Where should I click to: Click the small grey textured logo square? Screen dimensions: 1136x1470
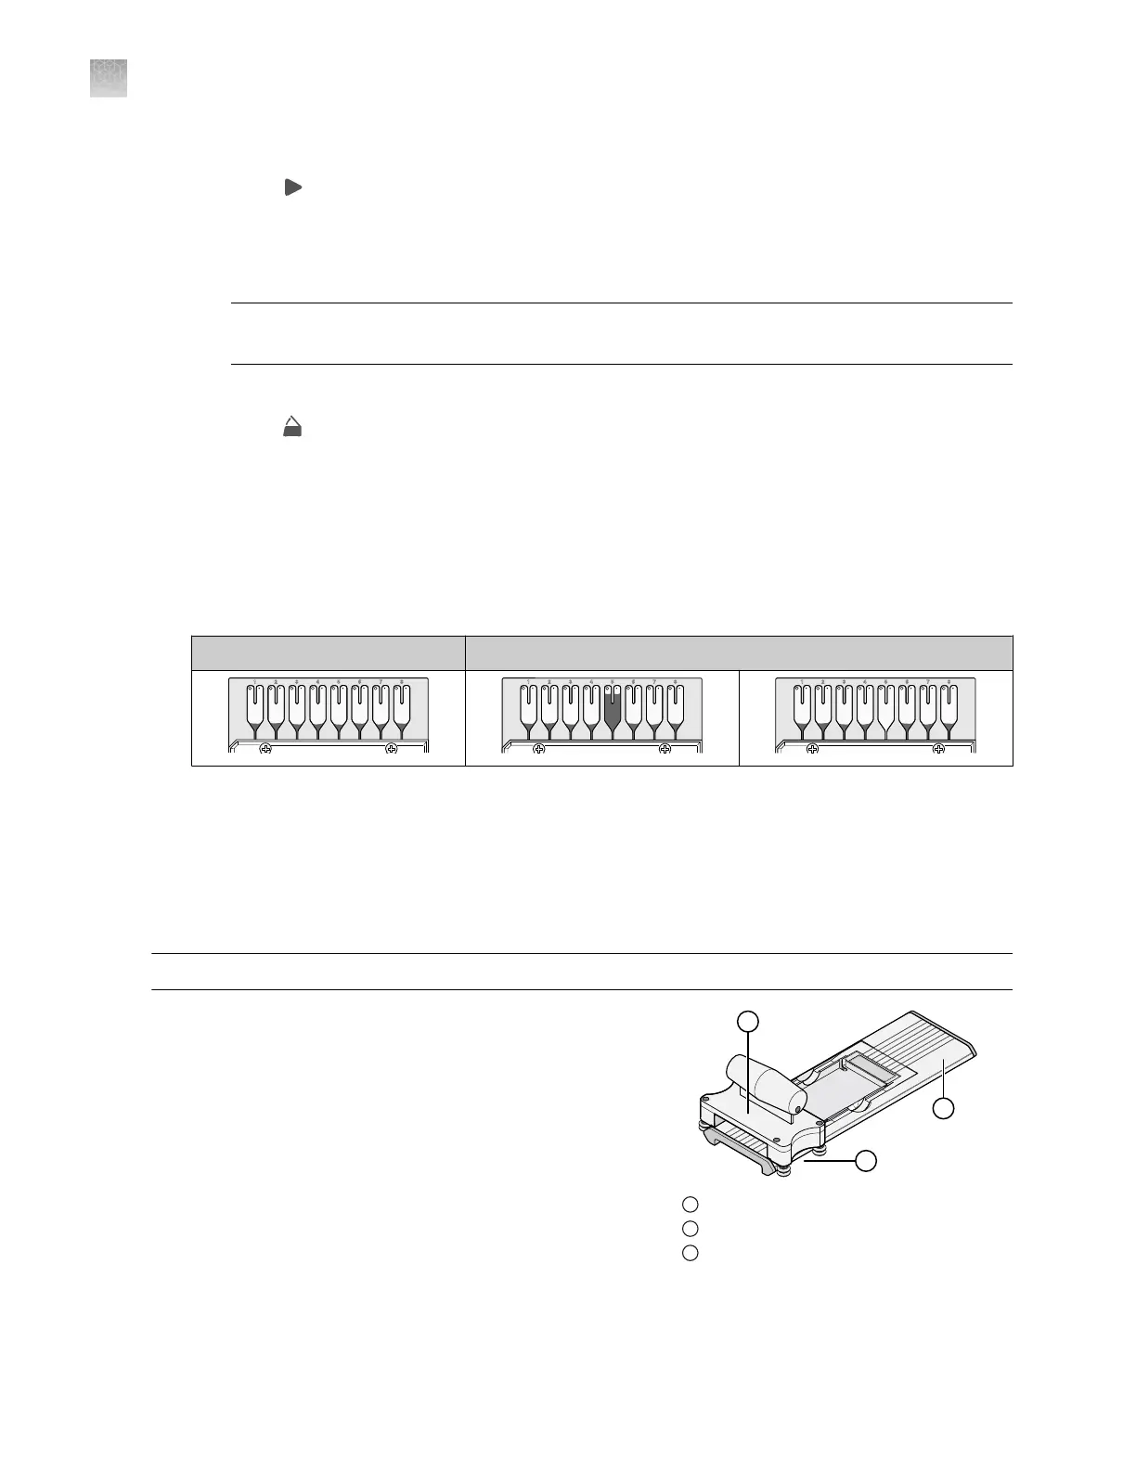pos(109,78)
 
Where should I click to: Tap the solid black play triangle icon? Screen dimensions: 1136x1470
pos(292,187)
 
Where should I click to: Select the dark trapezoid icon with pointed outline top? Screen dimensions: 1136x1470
pos(292,427)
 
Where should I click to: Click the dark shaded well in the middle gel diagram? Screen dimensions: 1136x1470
pos(612,710)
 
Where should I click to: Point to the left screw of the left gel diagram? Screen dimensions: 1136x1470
pos(265,748)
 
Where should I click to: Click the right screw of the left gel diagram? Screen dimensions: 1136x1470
pos(392,748)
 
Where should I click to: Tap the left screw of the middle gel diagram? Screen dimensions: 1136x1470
pos(538,748)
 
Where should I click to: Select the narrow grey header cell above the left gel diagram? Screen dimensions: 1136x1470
pos(328,652)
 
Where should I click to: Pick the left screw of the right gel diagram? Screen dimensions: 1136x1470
pos(812,748)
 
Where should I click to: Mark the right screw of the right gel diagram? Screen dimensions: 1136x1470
pos(938,748)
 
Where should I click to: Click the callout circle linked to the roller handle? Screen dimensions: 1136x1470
pos(748,1022)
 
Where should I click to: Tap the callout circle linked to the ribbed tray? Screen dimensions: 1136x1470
pos(943,1108)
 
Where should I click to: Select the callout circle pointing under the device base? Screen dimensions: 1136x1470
pos(866,1160)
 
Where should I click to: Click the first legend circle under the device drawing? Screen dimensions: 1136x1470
pos(690,1205)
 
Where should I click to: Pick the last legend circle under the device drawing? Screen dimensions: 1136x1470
pos(690,1253)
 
